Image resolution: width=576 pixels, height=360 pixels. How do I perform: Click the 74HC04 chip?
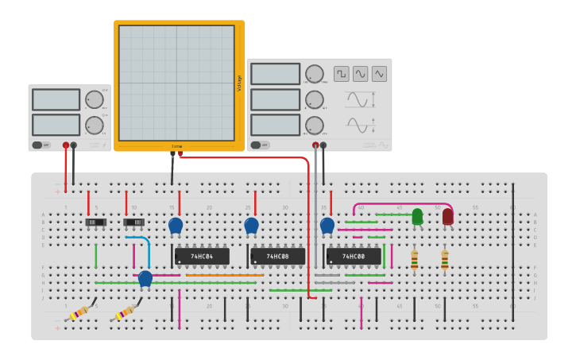pyautogui.click(x=202, y=257)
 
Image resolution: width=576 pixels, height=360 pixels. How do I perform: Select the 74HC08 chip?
pyautogui.click(x=277, y=257)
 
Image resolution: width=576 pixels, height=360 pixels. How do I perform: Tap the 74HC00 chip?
pyautogui.click(x=354, y=257)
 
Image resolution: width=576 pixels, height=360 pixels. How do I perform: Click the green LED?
pyautogui.click(x=417, y=215)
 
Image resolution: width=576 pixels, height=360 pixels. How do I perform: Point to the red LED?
pyautogui.click(x=447, y=215)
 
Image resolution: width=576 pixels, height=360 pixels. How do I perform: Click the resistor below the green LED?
pyautogui.click(x=414, y=259)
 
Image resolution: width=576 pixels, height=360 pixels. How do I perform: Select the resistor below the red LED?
pyautogui.click(x=444, y=259)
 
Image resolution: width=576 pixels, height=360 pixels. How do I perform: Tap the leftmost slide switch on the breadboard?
pyautogui.click(x=95, y=223)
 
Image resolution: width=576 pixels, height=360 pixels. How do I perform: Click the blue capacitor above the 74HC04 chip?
pyautogui.click(x=176, y=226)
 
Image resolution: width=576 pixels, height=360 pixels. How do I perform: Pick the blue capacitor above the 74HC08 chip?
pyautogui.click(x=251, y=226)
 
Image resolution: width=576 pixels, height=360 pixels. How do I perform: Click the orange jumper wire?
pyautogui.click(x=230, y=276)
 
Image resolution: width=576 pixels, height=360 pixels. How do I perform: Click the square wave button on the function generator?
pyautogui.click(x=341, y=74)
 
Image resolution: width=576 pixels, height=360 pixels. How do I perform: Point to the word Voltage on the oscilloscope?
pyautogui.click(x=240, y=83)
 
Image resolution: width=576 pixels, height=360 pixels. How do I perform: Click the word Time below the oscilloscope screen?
pyautogui.click(x=176, y=146)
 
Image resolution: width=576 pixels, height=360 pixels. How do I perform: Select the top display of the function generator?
pyautogui.click(x=275, y=74)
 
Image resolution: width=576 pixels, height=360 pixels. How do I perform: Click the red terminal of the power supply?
pyautogui.click(x=65, y=145)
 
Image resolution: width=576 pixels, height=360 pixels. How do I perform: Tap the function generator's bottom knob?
pyautogui.click(x=315, y=126)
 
